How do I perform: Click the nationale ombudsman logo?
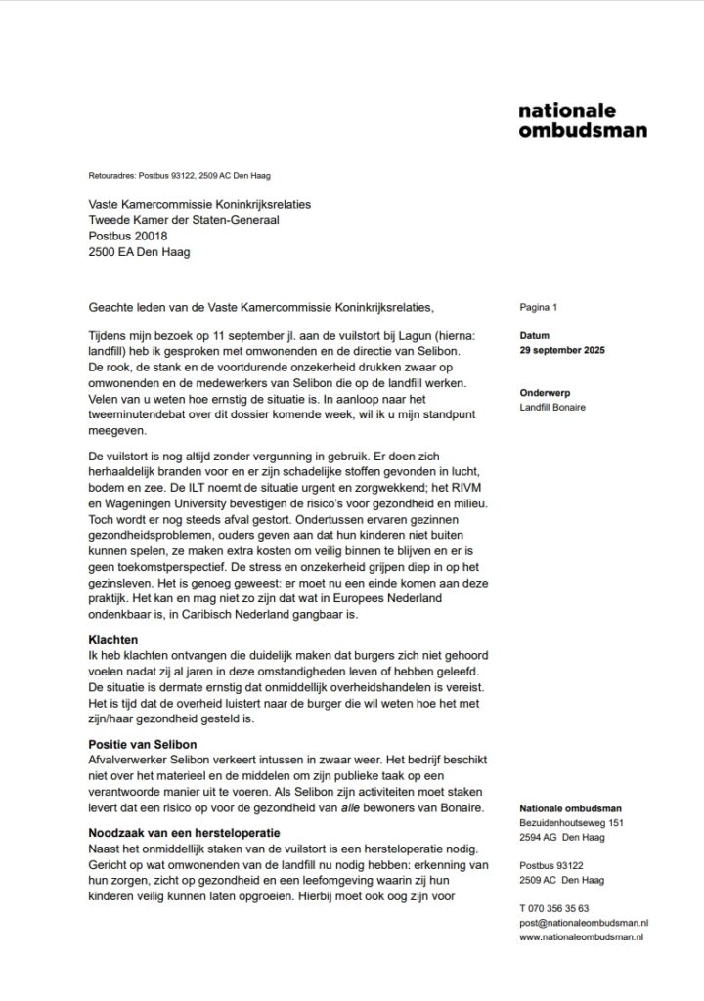point(582,120)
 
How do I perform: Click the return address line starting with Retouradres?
point(179,176)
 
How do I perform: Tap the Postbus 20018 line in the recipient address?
point(128,236)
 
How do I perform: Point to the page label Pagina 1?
point(538,308)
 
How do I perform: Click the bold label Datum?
point(536,335)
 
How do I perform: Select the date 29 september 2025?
point(564,350)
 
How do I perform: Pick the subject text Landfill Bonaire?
point(553,407)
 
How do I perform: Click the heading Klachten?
point(114,638)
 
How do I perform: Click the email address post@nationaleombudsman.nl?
point(585,922)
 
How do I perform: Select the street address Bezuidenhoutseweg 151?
point(571,823)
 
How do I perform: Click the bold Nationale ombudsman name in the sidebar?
point(571,808)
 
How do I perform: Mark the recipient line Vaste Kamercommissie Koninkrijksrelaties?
point(200,204)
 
